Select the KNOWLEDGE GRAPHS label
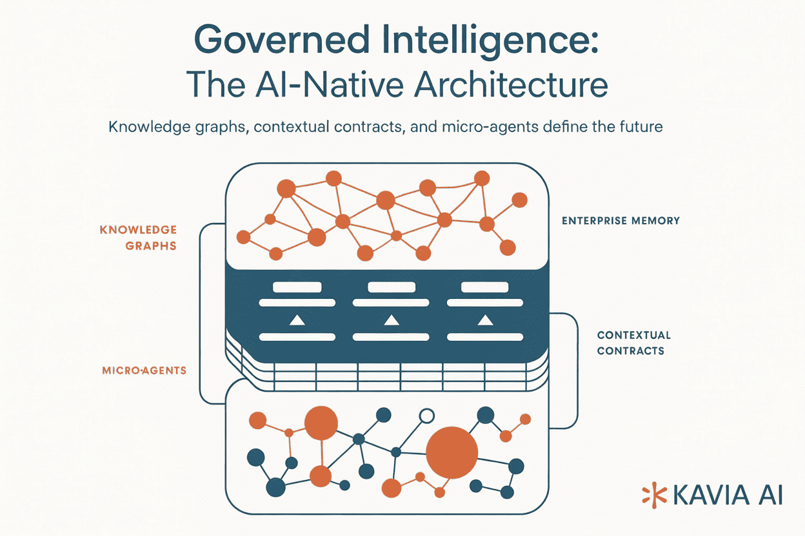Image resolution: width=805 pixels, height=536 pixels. pos(138,238)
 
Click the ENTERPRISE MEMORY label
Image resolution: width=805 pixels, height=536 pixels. pos(621,221)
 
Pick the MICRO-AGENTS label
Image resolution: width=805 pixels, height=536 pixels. pos(144,370)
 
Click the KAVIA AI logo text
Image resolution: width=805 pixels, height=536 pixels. pos(727,495)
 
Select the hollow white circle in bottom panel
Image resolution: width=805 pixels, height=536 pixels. pos(426,416)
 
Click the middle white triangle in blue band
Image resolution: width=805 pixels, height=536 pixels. pos(390,320)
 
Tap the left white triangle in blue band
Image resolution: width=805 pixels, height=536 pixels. pos(296,320)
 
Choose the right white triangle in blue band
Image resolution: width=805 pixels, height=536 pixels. pos(484,320)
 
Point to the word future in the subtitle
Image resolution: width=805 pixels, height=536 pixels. pos(641,127)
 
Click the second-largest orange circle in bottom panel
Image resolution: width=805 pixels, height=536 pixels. pos(321,423)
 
